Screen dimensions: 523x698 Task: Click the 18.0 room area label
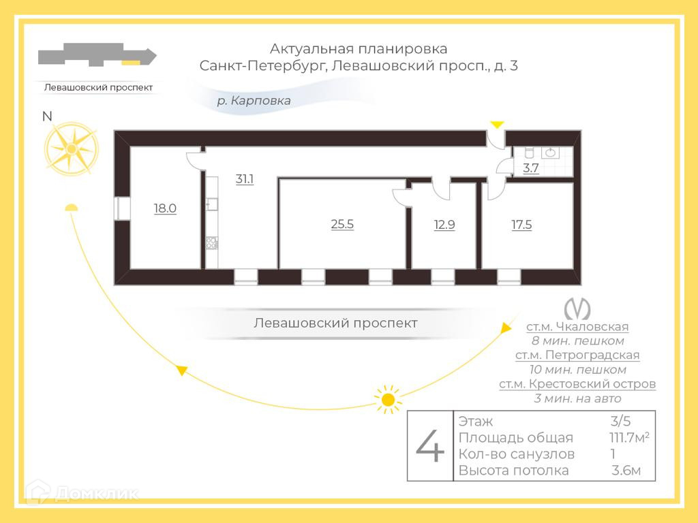(165, 208)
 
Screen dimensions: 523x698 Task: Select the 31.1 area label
(244, 180)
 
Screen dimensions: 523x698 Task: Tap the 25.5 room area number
(342, 223)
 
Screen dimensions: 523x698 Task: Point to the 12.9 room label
(444, 223)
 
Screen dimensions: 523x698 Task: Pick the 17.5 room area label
(521, 223)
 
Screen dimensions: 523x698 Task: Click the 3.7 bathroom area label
(531, 168)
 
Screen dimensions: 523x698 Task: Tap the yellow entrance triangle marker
(498, 124)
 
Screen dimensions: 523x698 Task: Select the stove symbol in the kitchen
(211, 242)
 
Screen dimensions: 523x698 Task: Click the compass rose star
(71, 147)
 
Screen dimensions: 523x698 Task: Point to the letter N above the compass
(47, 116)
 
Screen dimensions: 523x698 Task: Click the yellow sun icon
(388, 399)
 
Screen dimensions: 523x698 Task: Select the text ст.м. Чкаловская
(577, 327)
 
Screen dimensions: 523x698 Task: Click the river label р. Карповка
(254, 101)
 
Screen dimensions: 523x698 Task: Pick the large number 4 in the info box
(430, 447)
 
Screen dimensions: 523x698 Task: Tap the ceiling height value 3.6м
(626, 471)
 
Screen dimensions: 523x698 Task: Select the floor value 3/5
(621, 421)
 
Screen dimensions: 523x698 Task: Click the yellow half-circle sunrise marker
(70, 207)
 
